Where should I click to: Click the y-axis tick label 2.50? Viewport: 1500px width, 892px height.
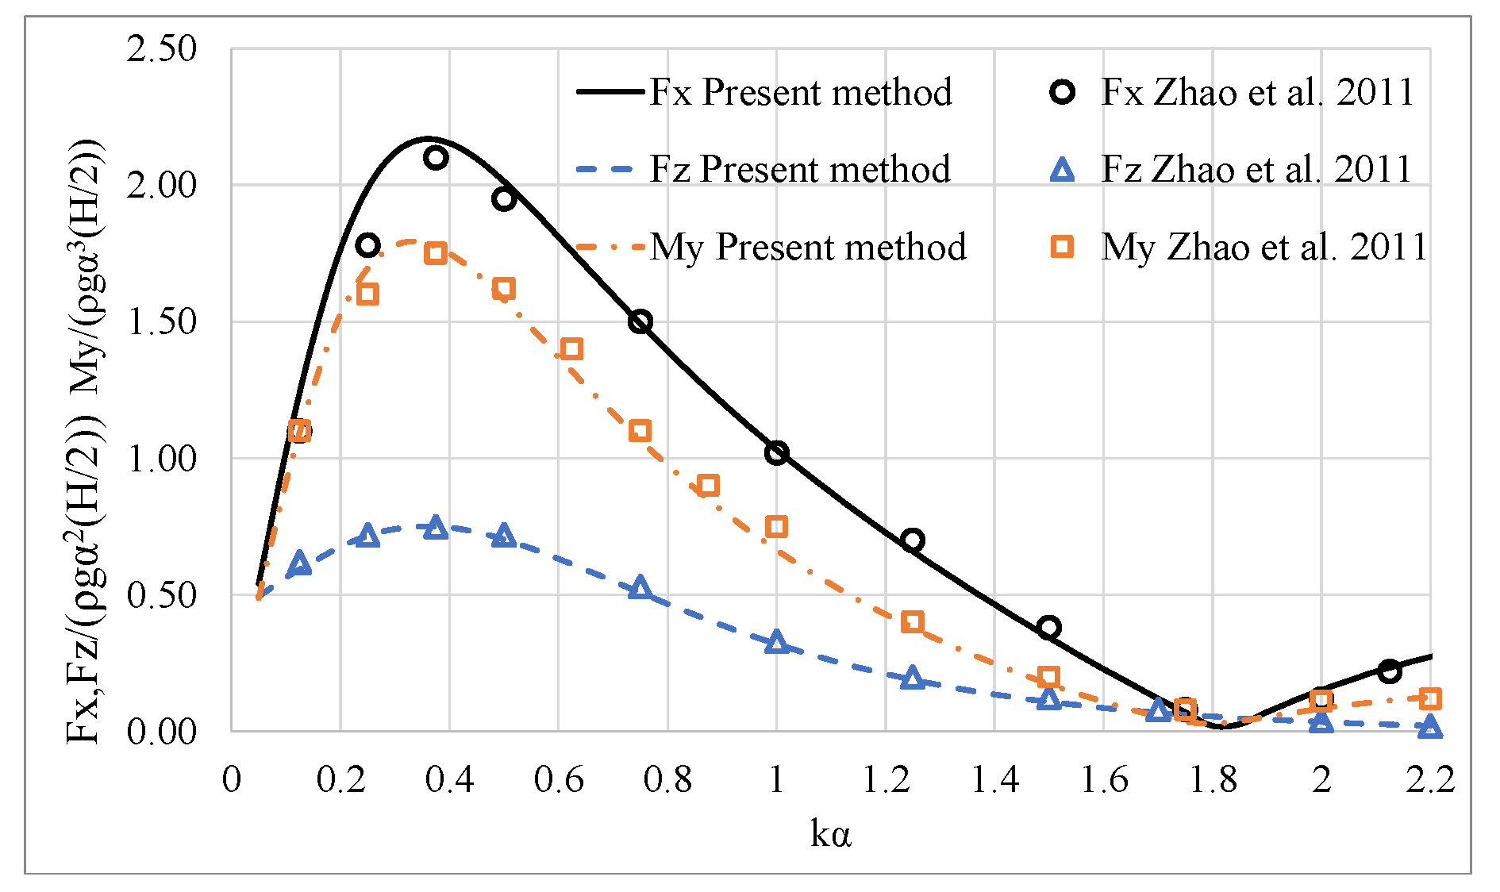[161, 49]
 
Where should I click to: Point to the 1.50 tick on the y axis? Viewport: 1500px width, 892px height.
[161, 322]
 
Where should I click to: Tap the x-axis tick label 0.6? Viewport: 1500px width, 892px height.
[558, 779]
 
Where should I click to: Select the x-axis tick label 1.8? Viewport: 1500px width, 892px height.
[1212, 779]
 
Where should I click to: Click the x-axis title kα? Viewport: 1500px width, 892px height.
[830, 834]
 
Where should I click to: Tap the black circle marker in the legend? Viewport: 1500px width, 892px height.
[1062, 92]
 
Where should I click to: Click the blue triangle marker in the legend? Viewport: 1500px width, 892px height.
[1062, 170]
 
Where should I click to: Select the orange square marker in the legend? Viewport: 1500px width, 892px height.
[1062, 247]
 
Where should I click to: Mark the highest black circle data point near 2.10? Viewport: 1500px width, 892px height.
[435, 158]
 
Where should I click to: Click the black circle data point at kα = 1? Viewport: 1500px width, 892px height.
[776, 453]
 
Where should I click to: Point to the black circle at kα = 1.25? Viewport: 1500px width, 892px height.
[913, 540]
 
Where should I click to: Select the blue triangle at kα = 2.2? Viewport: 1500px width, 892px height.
[1429, 726]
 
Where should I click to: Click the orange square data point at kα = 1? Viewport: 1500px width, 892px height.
[776, 526]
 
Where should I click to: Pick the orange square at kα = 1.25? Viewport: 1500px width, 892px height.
[913, 621]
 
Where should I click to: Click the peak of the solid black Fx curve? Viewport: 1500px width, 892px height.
[427, 138]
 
